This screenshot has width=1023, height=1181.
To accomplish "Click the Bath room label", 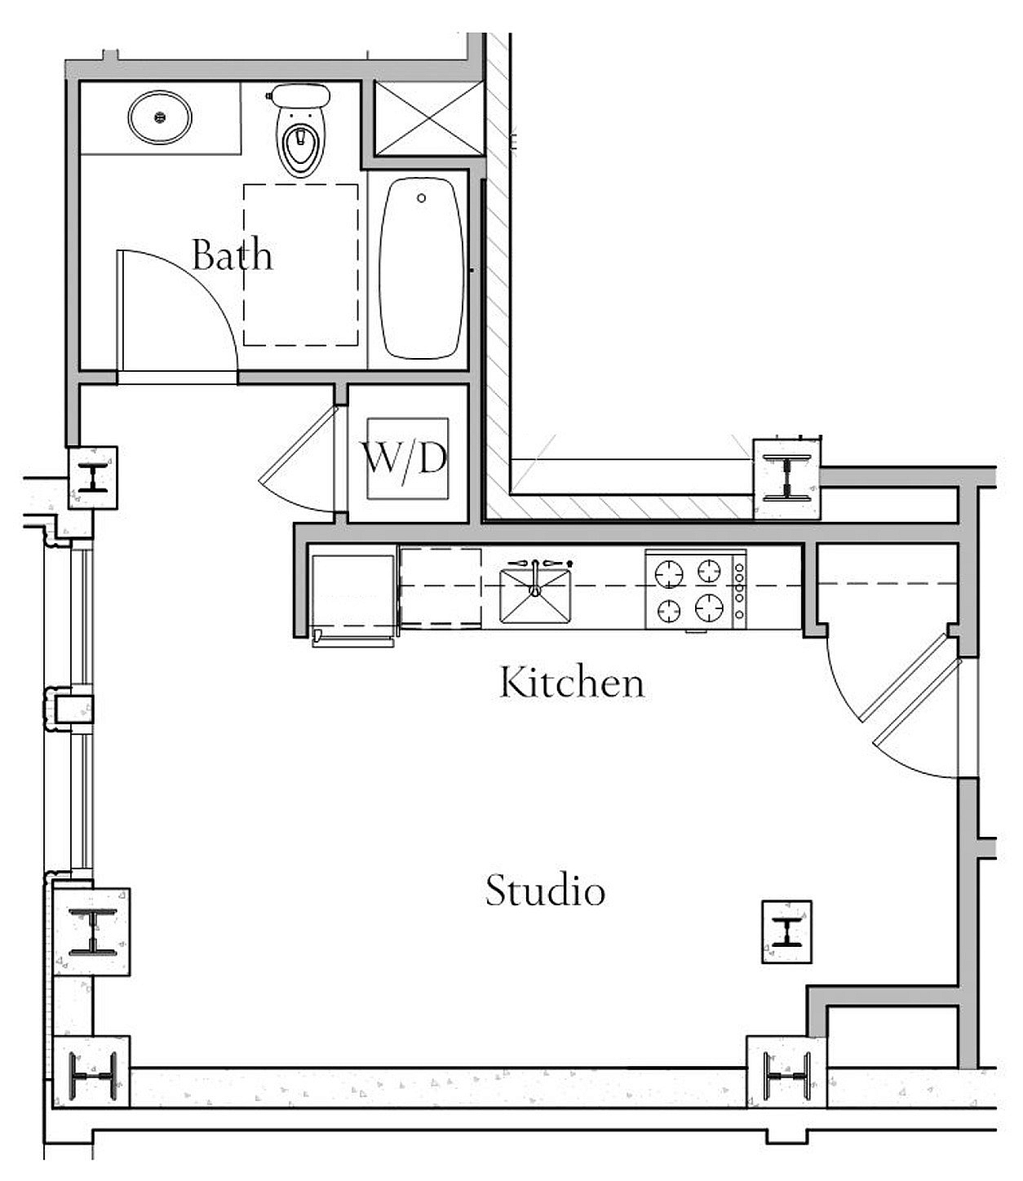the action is click(232, 254).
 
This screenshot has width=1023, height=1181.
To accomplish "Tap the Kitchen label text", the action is click(572, 682).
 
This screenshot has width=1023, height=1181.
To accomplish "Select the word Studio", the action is click(545, 890).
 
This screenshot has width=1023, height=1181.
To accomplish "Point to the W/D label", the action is click(404, 459).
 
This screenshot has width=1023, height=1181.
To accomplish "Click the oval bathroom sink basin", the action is click(159, 117).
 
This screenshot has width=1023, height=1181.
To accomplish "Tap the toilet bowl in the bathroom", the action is click(300, 142).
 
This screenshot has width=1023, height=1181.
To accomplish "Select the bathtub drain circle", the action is click(421, 198).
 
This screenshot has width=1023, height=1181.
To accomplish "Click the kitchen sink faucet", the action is click(535, 577).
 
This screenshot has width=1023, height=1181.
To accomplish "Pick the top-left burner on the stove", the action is click(669, 574).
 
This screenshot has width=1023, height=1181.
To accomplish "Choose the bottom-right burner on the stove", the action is click(709, 608).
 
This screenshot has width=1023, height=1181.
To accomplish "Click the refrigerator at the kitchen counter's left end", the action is click(353, 594).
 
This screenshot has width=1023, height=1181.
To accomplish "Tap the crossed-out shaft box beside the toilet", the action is click(429, 118).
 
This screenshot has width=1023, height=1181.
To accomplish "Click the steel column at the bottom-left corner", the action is click(91, 1076).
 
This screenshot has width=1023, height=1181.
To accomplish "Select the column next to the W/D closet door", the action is click(92, 477).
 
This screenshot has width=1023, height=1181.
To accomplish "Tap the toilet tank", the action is click(300, 95).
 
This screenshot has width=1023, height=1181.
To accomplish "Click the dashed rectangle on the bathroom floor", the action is click(301, 265).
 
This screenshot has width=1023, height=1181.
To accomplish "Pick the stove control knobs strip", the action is click(740, 591).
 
